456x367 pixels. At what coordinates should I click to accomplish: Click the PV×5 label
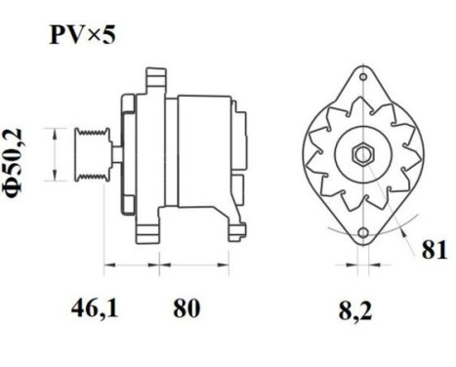85,38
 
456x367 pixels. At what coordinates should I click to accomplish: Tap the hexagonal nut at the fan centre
361,154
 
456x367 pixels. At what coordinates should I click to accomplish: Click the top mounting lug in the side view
152,78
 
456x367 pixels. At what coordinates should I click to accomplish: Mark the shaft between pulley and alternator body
115,154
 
